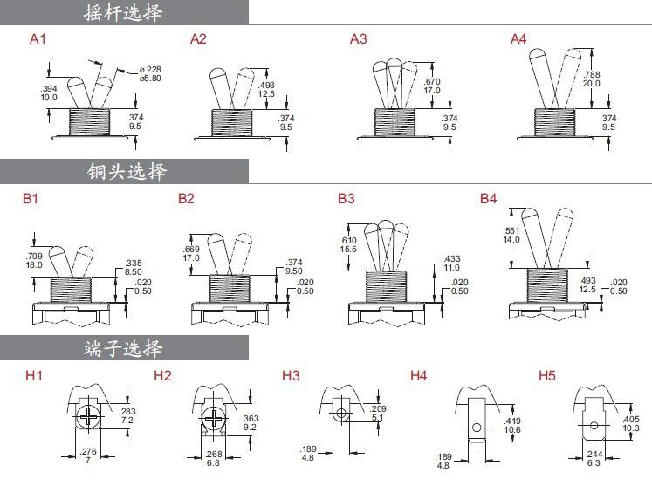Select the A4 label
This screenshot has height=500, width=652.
tap(518, 39)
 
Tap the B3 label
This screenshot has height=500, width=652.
tap(347, 199)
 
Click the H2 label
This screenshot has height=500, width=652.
tap(162, 376)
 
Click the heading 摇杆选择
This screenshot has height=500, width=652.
tap(123, 12)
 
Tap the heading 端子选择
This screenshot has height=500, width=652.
tap(123, 349)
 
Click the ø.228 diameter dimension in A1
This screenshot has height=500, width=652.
tap(150, 73)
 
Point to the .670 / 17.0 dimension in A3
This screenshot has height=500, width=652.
tap(432, 85)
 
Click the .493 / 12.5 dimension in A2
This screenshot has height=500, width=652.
tap(267, 89)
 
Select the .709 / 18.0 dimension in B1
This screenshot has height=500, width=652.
tap(35, 260)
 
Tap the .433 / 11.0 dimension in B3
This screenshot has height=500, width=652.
tap(452, 264)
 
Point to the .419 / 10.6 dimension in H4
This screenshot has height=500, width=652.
tap(513, 425)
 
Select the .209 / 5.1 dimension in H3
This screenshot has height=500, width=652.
tap(378, 413)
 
